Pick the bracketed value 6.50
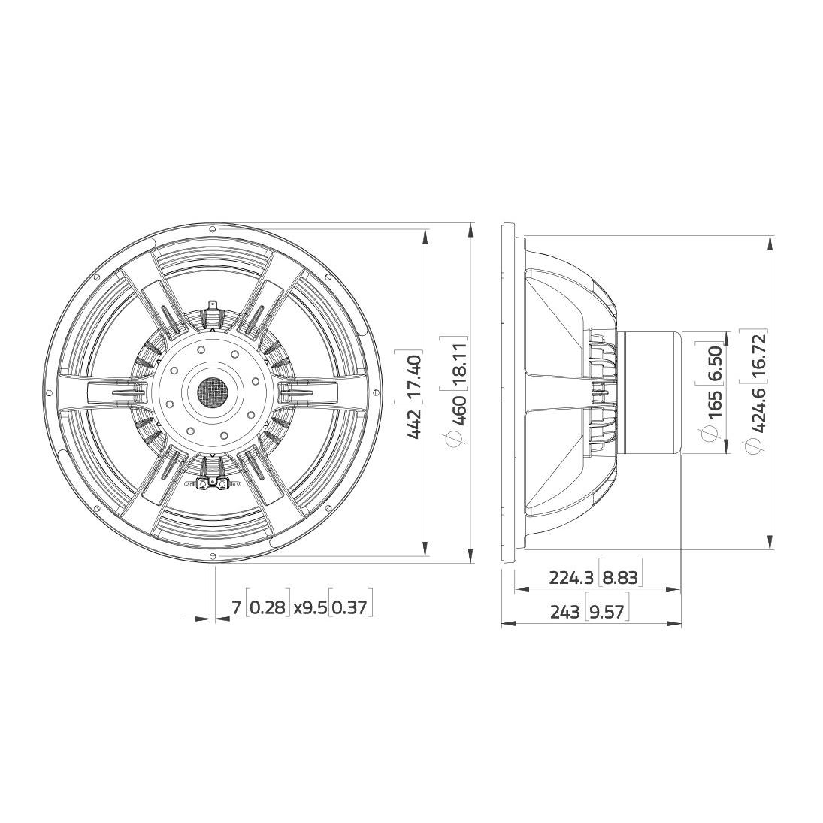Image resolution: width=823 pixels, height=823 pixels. pos(715,362)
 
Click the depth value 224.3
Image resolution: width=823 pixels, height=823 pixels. pos(572,577)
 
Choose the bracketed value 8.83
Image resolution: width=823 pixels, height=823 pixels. pos(621,577)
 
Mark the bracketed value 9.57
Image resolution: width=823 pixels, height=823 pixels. pos(607,613)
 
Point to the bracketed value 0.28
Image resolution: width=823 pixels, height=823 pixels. pos(268,607)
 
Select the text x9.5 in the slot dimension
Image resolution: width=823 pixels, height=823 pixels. pos(310,607)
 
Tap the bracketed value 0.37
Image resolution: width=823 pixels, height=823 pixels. pos(352,607)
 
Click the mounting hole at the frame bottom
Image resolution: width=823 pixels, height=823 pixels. pos(213,555)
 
